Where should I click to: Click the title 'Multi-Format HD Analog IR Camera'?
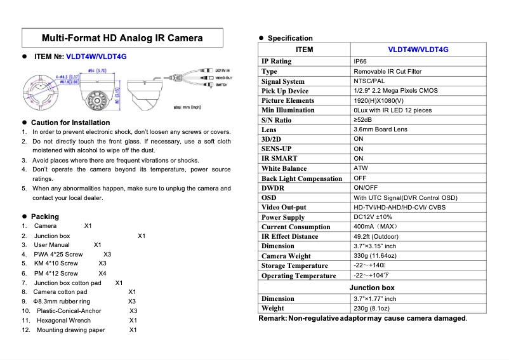[x=122, y=37]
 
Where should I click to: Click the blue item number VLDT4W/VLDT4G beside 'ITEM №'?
[x=96, y=57]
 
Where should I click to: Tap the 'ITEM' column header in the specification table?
[x=305, y=50]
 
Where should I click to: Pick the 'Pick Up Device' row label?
[x=284, y=91]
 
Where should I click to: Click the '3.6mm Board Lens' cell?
[x=380, y=130]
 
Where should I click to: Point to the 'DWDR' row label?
[x=273, y=188]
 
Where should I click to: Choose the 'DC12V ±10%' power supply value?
[x=373, y=217]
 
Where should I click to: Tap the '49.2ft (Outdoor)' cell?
[x=376, y=236]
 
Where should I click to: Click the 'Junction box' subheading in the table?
[x=372, y=288]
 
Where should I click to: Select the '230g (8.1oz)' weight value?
[x=371, y=309]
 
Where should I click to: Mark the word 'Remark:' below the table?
[x=272, y=318]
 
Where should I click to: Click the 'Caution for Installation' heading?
[x=70, y=123]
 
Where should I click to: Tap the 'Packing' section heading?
[x=44, y=217]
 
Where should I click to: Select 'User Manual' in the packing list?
[x=51, y=245]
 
